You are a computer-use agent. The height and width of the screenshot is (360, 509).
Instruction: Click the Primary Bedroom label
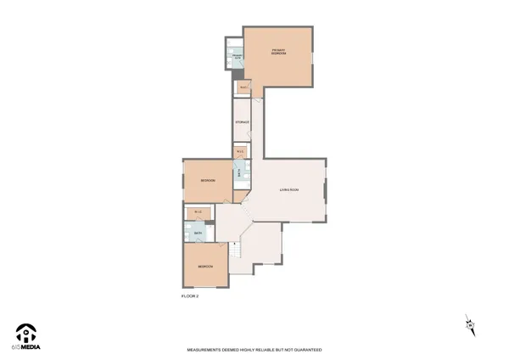tap(278, 53)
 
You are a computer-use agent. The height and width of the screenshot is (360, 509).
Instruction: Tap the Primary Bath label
tap(237, 58)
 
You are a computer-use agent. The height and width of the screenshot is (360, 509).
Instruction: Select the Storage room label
tap(242, 123)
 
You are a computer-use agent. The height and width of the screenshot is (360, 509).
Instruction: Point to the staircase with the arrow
tap(236, 249)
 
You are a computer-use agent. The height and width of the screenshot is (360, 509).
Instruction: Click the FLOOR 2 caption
tap(190, 296)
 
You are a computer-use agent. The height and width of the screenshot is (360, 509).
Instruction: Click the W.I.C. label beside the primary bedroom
tap(243, 87)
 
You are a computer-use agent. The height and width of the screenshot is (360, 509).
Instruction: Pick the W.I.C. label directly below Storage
tap(241, 152)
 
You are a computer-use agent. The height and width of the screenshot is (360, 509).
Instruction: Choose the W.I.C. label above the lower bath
tap(198, 212)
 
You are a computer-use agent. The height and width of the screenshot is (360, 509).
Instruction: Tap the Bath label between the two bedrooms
tap(198, 233)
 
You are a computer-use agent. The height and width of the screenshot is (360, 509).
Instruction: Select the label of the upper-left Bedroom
tap(207, 181)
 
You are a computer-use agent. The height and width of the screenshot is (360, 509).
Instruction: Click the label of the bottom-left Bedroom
tap(204, 266)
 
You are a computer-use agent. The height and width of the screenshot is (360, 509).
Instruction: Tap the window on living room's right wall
tap(325, 191)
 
